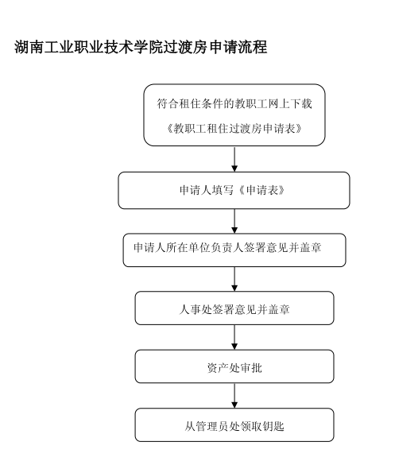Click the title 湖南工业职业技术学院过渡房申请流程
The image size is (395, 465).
click(x=141, y=48)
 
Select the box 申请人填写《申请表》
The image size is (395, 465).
click(x=234, y=191)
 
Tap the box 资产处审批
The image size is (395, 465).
click(x=234, y=366)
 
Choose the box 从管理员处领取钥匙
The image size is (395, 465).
click(x=234, y=425)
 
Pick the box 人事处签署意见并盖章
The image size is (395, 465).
click(x=234, y=308)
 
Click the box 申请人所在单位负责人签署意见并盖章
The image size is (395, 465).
click(x=234, y=250)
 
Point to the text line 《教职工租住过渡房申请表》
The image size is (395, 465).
click(x=234, y=129)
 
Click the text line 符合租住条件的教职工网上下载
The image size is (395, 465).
click(x=234, y=104)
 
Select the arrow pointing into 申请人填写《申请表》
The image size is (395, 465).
click(x=234, y=159)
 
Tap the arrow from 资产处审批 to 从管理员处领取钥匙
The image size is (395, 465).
click(x=234, y=396)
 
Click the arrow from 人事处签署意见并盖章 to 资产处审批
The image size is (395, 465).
click(x=234, y=338)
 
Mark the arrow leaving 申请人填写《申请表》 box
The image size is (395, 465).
click(x=234, y=221)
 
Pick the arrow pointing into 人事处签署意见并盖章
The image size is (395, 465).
click(x=234, y=279)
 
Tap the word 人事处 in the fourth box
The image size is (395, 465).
click(x=196, y=310)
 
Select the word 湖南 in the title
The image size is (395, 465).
click(x=29, y=48)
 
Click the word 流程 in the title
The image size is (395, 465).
click(x=253, y=48)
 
